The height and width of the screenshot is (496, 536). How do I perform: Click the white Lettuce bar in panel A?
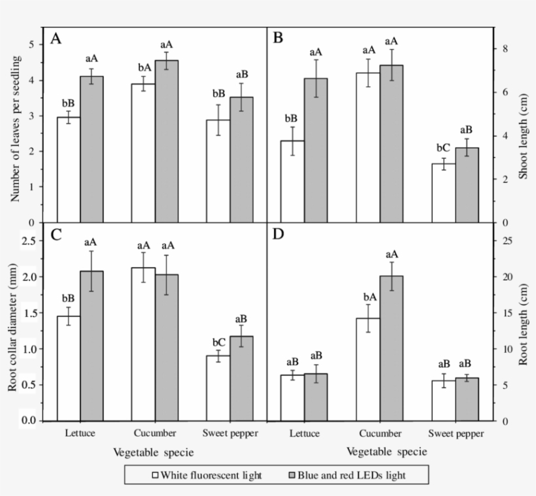69,170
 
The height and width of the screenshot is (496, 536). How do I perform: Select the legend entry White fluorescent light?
205,475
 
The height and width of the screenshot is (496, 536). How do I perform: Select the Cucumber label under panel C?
154,433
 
